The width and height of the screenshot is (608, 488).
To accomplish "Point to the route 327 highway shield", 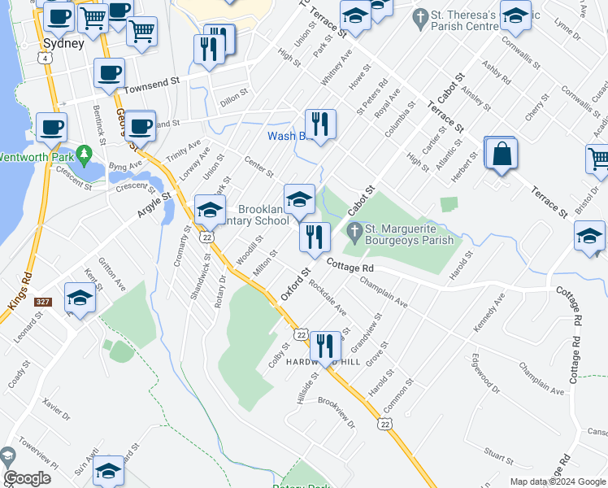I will pos(42,302).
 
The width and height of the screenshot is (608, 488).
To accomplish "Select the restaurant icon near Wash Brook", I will pos(320,125).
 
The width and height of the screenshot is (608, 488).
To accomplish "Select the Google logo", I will pos(27,478).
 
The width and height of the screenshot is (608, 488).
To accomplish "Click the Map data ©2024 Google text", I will pos(558,481).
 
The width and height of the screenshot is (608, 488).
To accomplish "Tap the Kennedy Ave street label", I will pos(489,309).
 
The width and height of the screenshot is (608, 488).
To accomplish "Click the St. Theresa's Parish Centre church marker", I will pos(419,15).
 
